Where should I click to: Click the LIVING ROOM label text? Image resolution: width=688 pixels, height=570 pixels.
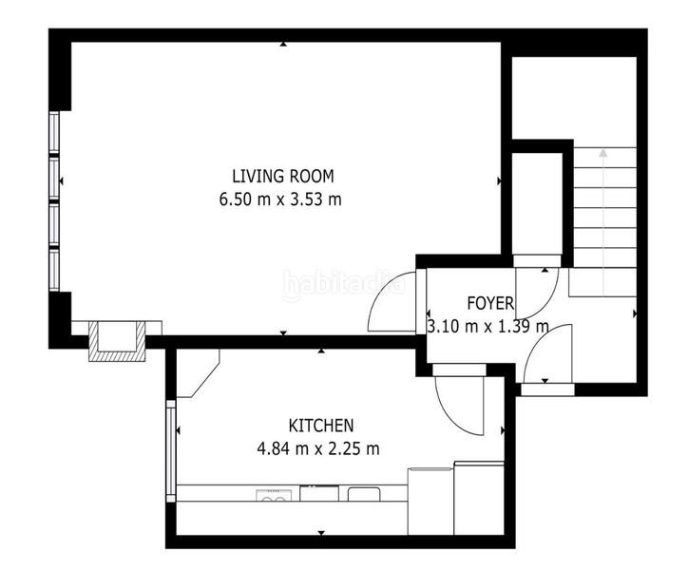tap(283, 176)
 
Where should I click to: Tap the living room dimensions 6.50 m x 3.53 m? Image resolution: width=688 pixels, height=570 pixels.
tap(279, 199)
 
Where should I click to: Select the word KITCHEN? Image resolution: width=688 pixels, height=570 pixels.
tap(321, 426)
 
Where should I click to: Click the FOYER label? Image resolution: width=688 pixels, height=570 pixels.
tap(490, 304)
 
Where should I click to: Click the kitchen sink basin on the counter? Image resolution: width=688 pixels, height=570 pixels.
tap(363, 493)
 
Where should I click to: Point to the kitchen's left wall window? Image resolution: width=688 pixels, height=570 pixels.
tap(171, 450)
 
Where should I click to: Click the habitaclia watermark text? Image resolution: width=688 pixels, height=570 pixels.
tap(343, 283)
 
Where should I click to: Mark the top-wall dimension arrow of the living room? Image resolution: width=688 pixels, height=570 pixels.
tap(283, 45)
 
